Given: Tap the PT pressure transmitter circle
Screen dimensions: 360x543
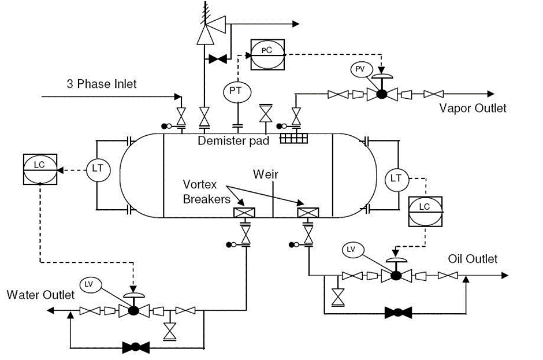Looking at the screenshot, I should pos(236,92).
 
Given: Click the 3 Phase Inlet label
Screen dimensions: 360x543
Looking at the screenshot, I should pos(102,84).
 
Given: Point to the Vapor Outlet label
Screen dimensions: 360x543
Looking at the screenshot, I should pos(473,108).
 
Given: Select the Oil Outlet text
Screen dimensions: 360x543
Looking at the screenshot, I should pos(473,259).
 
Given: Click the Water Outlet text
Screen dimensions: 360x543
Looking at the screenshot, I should pos(40,295).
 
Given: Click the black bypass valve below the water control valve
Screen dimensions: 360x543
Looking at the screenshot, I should pos(136,348).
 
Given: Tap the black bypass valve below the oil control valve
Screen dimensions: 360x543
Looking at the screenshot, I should pos(398,313).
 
